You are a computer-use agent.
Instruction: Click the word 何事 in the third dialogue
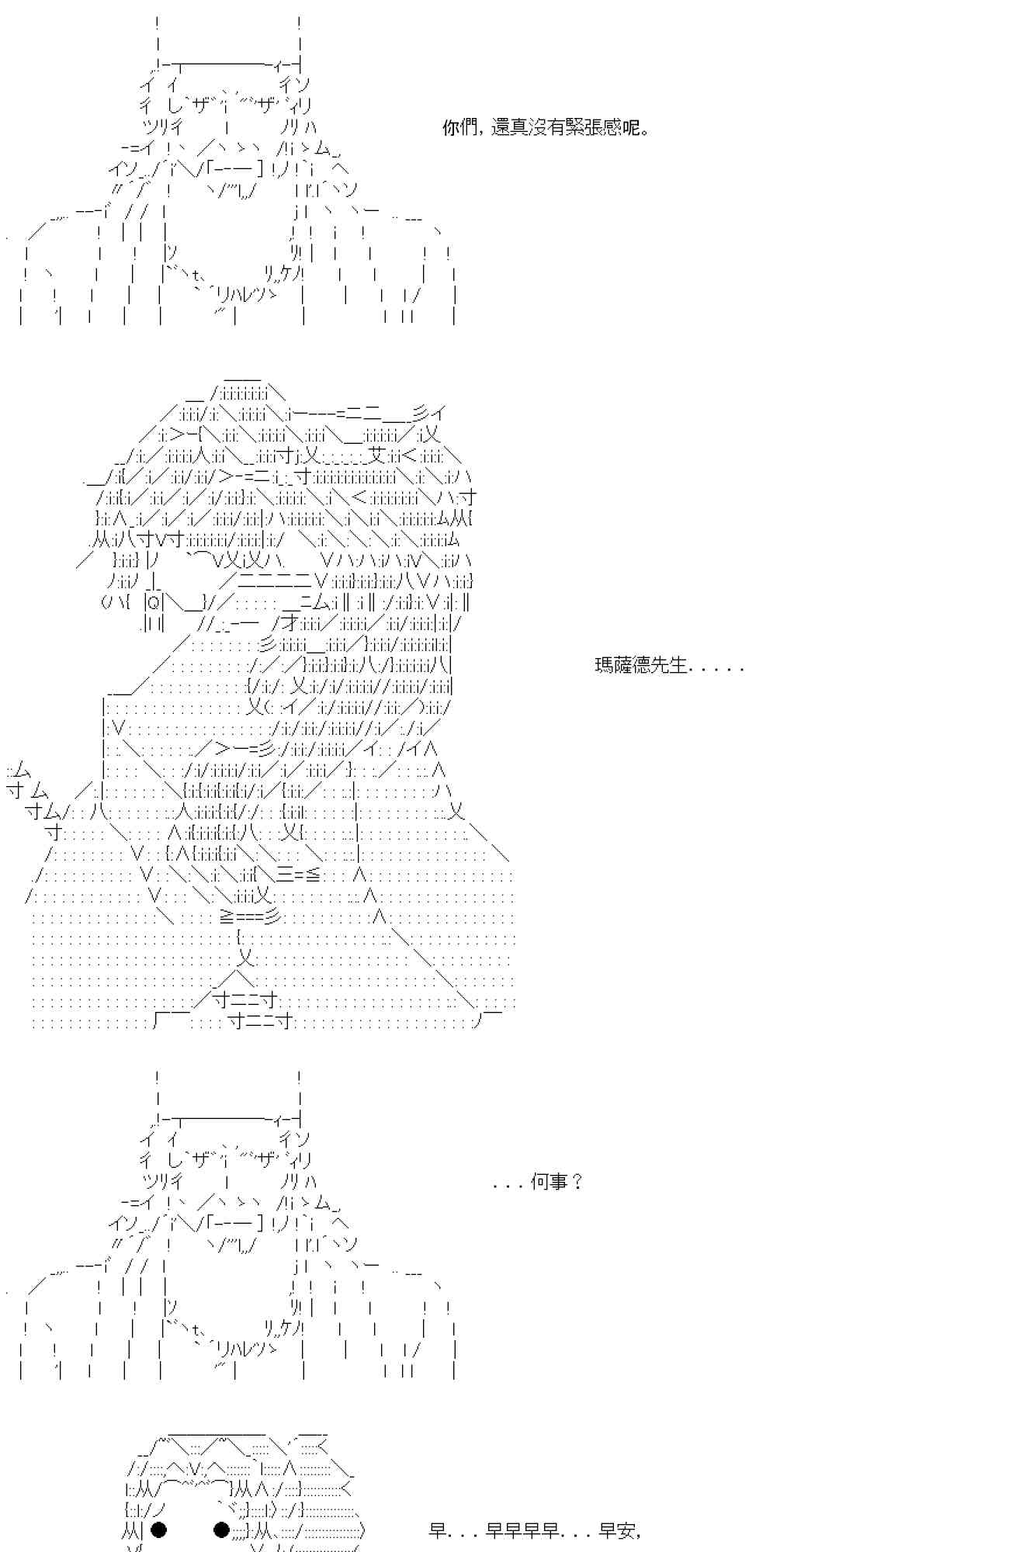point(549,1182)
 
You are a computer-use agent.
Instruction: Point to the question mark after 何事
point(577,1182)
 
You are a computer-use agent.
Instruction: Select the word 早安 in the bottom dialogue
point(618,1530)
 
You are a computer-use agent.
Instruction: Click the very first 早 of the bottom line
point(438,1530)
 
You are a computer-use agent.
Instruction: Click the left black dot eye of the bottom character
point(158,1529)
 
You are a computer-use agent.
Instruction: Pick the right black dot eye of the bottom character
point(221,1529)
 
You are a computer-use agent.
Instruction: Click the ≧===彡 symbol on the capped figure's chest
point(250,916)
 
